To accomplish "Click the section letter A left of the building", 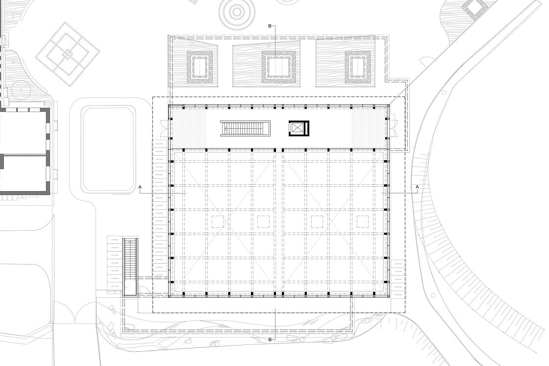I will tap(140, 187).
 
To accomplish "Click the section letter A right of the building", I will tap(417, 187).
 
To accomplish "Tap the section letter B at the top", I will tap(270, 25).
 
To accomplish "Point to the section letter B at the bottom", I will tap(270, 339).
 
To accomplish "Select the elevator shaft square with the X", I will tap(297, 128).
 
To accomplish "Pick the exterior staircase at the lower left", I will tap(130, 267).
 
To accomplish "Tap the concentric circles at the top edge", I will tap(238, 10).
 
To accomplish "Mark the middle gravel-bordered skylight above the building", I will tap(278, 67).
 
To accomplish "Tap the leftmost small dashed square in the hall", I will tap(217, 221).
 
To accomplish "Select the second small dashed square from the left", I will tap(264, 221).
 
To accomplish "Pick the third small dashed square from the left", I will tap(317, 221).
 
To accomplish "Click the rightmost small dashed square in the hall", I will tap(363, 221).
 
